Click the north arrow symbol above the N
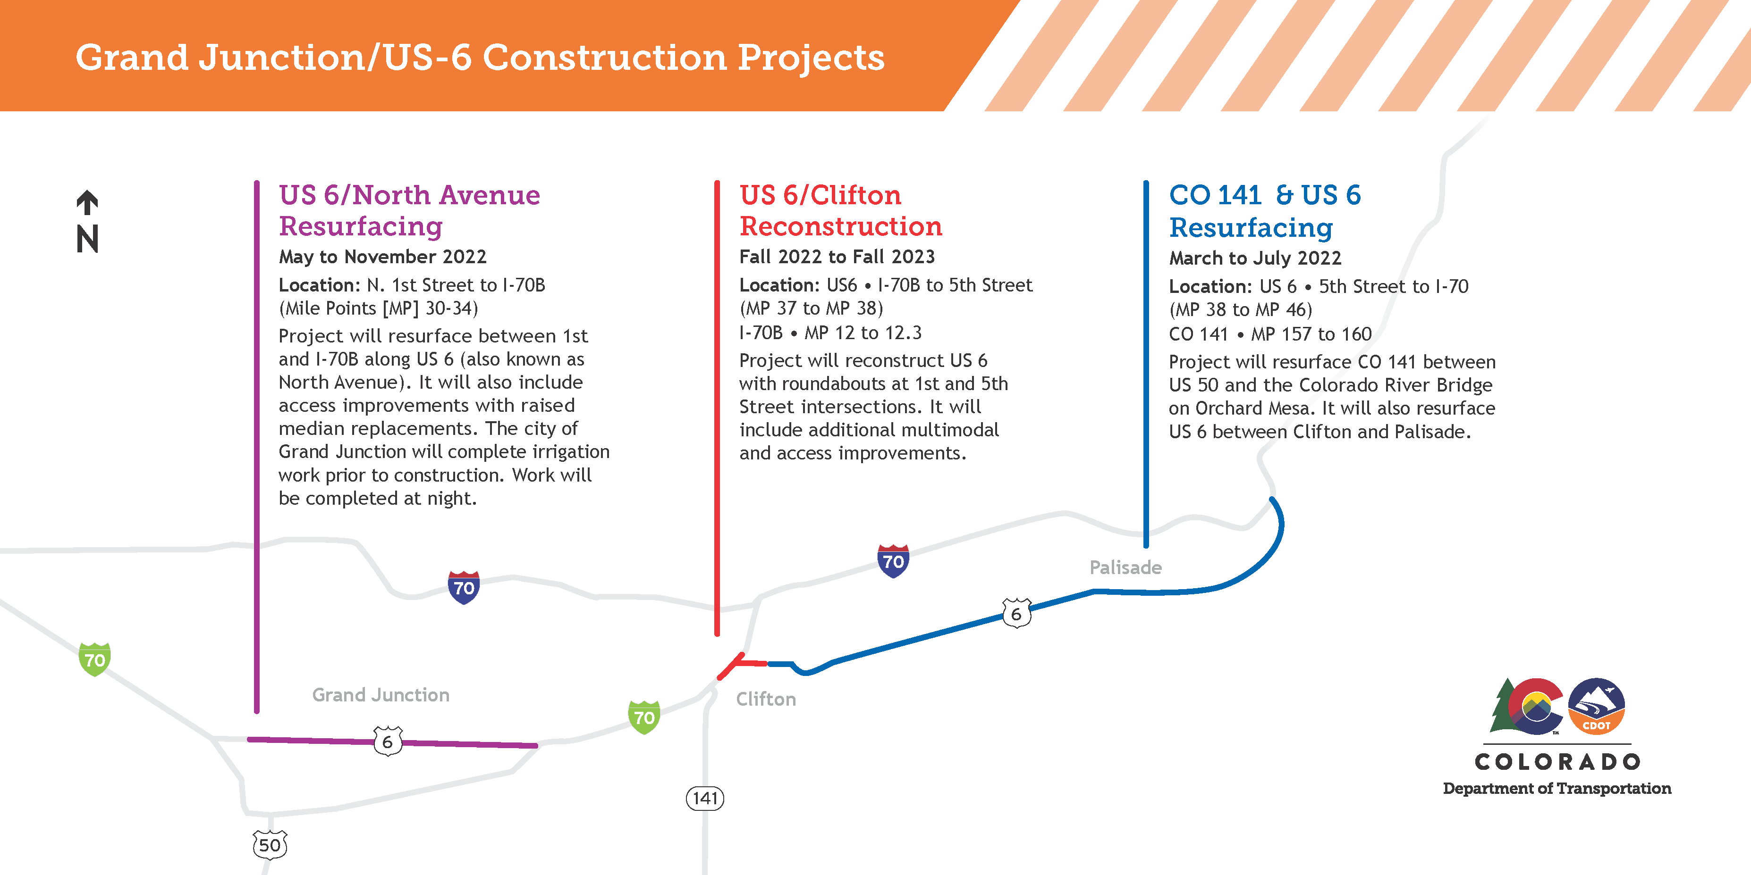click(x=87, y=202)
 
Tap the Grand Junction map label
click(x=381, y=695)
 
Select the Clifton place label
click(x=766, y=699)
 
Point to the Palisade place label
click(x=1125, y=567)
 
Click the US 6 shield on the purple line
click(x=388, y=741)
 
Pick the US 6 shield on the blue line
click(x=1016, y=614)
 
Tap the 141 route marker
click(x=705, y=798)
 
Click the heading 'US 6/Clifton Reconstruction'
click(x=841, y=210)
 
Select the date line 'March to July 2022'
click(x=1255, y=258)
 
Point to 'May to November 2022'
click(x=383, y=257)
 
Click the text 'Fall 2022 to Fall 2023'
click(x=837, y=257)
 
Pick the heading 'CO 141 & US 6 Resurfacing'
click(x=1264, y=211)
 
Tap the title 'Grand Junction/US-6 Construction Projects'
click(x=480, y=57)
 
